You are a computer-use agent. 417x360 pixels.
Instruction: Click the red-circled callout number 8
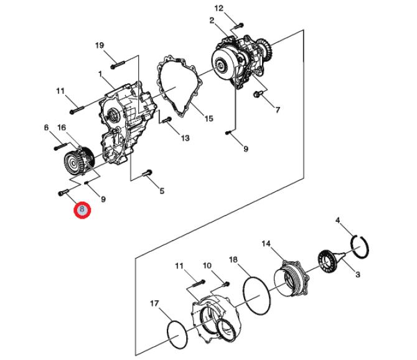pyautogui.click(x=82, y=209)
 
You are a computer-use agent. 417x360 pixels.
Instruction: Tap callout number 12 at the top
pyautogui.click(x=219, y=9)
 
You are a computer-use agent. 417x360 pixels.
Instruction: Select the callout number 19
pyautogui.click(x=100, y=45)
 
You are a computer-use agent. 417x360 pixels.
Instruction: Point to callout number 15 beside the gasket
pyautogui.click(x=209, y=119)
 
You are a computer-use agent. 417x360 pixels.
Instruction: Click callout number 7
pyautogui.click(x=278, y=110)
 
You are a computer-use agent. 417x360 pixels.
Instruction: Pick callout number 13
pyautogui.click(x=185, y=138)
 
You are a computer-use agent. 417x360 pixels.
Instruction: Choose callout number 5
pyautogui.click(x=162, y=191)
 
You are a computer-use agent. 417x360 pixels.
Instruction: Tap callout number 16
pyautogui.click(x=62, y=128)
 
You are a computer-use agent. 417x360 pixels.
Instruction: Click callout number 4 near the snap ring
pyautogui.click(x=338, y=220)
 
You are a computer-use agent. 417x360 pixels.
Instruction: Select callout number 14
pyautogui.click(x=266, y=244)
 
